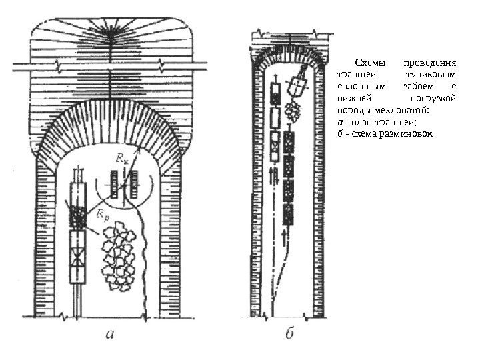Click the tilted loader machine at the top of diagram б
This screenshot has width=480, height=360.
[x=297, y=84]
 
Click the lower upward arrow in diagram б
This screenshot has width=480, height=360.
[x=287, y=237]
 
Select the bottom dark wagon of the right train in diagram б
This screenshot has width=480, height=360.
[x=289, y=214]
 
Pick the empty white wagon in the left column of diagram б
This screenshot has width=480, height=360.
[x=275, y=119]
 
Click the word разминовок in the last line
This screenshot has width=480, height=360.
[x=407, y=135]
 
